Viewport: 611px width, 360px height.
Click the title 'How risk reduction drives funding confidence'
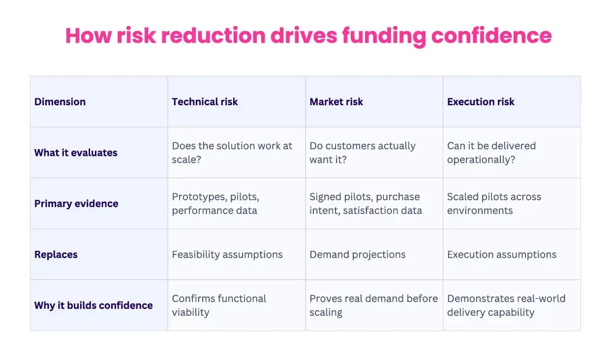(x=308, y=36)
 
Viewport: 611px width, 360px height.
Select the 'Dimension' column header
(x=60, y=102)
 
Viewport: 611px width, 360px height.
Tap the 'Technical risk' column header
(x=205, y=102)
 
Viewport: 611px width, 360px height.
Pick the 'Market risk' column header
(x=336, y=102)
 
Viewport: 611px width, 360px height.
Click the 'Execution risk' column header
(x=481, y=102)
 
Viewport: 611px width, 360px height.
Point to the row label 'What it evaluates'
(x=76, y=152)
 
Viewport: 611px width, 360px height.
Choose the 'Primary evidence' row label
(x=76, y=204)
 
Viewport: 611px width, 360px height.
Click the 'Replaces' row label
(x=56, y=255)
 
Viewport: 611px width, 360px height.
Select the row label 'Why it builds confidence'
(x=93, y=305)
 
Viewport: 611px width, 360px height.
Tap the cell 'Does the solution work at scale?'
(x=232, y=152)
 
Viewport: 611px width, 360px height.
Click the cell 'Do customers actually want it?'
(x=363, y=152)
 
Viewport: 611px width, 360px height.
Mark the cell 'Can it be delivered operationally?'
(x=491, y=152)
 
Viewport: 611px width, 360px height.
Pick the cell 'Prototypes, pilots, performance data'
(x=215, y=204)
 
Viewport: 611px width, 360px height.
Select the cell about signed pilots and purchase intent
(x=366, y=204)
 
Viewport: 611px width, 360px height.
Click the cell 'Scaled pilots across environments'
(x=494, y=204)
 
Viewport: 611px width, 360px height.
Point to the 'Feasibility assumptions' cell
(x=227, y=255)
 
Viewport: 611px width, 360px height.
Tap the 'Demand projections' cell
(x=358, y=255)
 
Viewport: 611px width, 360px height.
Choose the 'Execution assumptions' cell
(x=502, y=255)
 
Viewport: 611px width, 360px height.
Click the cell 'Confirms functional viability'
(x=219, y=305)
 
